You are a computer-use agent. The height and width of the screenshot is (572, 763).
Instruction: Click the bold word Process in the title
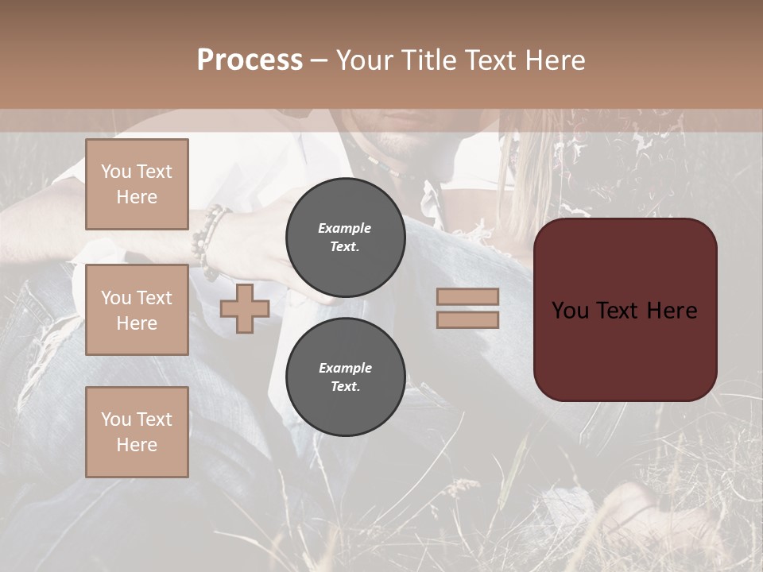(250, 60)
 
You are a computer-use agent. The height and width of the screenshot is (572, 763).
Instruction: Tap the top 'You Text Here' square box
(137, 184)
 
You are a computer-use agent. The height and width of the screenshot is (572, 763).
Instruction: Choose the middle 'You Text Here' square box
(137, 310)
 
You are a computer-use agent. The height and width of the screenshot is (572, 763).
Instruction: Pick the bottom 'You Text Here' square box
(137, 431)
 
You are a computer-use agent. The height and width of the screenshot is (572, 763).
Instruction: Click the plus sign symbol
(244, 308)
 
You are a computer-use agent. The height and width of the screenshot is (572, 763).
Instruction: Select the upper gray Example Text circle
(345, 237)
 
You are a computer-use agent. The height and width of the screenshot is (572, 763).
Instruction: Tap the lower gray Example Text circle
(345, 377)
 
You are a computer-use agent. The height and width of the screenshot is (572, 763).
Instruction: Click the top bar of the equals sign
(467, 296)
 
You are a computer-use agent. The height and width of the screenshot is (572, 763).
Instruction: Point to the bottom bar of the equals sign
(467, 319)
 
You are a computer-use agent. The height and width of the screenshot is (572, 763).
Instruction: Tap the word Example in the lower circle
(345, 368)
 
